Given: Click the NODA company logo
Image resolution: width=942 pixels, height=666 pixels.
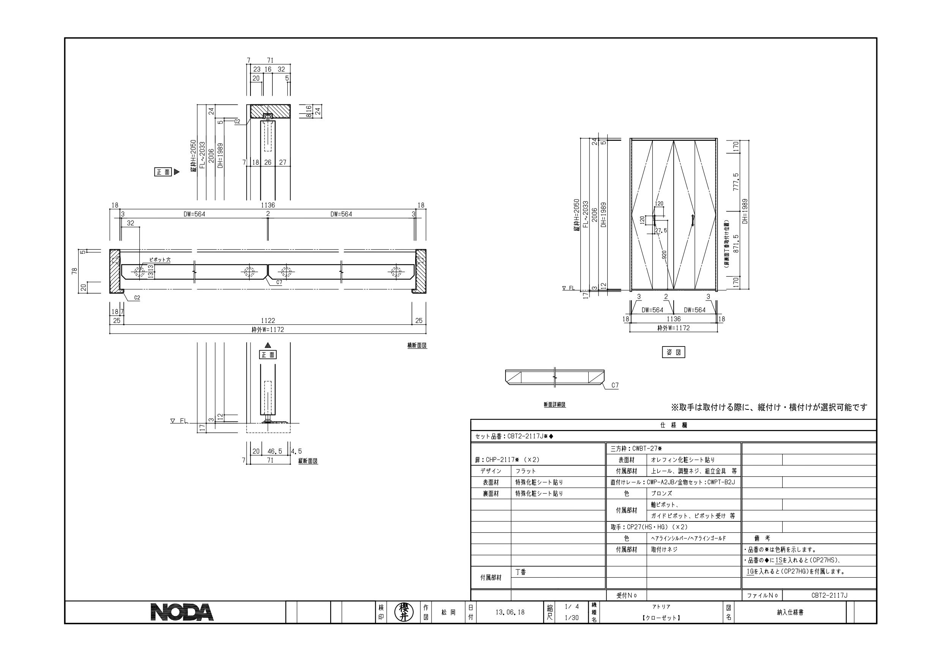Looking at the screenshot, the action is click(x=182, y=612).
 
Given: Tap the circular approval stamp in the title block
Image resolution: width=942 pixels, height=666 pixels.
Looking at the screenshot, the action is click(x=403, y=612).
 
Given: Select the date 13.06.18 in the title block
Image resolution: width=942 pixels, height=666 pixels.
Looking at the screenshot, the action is click(x=510, y=612).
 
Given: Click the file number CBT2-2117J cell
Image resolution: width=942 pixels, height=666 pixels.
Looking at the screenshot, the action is click(x=829, y=595).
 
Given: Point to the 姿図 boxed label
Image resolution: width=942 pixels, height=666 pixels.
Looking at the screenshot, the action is click(x=674, y=352).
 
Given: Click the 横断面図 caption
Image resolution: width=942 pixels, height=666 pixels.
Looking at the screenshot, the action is click(x=417, y=345).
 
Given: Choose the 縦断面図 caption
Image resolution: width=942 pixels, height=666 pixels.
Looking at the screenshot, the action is click(x=308, y=461).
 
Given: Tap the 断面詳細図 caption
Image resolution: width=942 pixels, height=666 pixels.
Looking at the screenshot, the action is click(x=555, y=404).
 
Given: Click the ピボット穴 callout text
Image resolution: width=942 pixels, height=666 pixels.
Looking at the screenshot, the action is click(x=160, y=260).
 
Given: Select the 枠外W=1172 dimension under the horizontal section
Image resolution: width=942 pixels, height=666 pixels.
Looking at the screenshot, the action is click(x=268, y=329).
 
